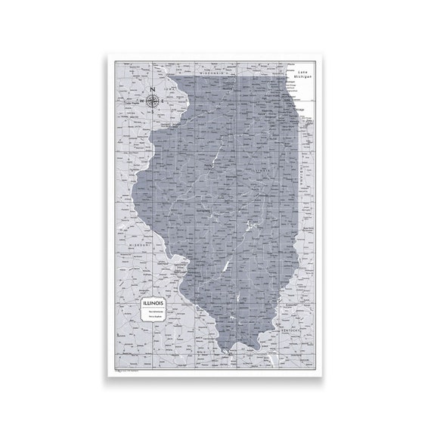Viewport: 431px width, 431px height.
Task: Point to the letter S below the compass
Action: coord(153,111)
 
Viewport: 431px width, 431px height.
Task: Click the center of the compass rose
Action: coord(153,101)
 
